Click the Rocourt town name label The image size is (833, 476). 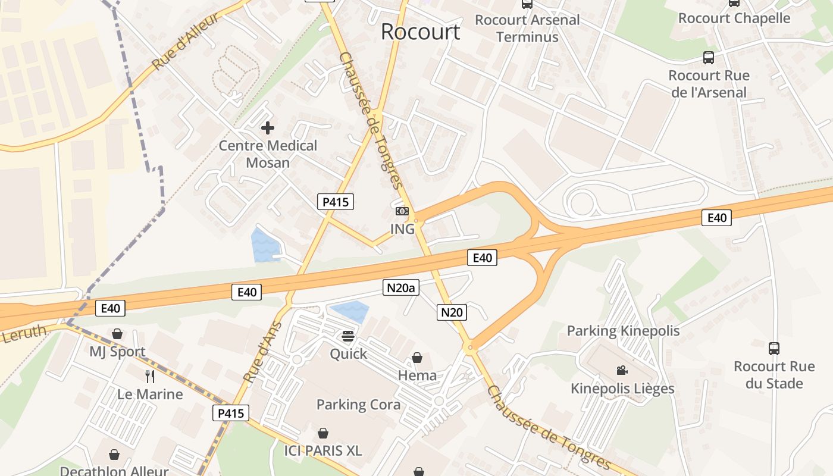[420, 32]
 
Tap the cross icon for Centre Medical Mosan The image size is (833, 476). [268, 127]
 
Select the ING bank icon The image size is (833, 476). [402, 211]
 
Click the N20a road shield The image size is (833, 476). [400, 289]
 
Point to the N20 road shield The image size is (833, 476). [452, 312]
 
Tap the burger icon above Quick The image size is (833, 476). [348, 336]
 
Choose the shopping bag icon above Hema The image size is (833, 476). [417, 358]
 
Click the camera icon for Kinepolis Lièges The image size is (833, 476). [622, 371]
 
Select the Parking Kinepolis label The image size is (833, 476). [623, 331]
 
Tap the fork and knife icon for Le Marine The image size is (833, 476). [150, 376]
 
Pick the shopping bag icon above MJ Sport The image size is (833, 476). [117, 334]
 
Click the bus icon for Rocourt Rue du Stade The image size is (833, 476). [773, 349]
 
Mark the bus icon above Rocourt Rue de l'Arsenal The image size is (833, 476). [708, 58]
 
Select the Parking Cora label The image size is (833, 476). [358, 405]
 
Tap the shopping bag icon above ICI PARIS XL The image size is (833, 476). [323, 433]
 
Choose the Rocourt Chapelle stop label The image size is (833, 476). [734, 18]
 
